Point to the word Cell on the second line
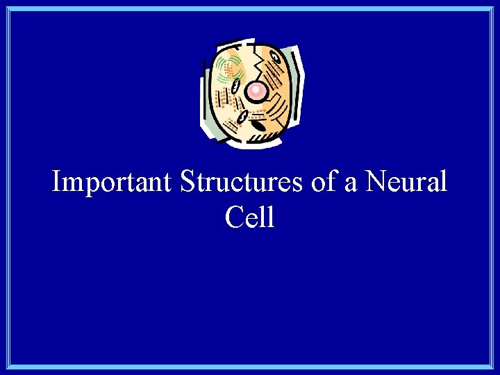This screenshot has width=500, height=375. [250, 217]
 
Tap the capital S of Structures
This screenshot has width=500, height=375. [187, 183]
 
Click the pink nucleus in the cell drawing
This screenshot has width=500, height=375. [256, 90]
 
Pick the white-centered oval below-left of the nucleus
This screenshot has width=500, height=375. [242, 116]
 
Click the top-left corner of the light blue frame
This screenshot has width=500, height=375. [7, 8]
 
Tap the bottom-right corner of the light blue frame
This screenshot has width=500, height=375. [492, 367]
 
